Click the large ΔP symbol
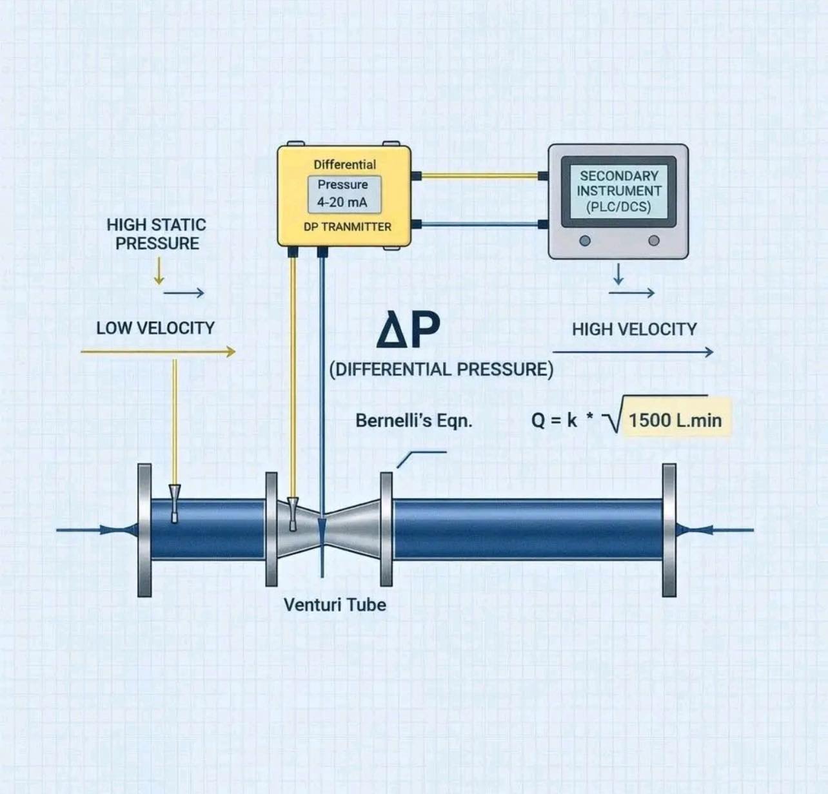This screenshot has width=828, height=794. [408, 329]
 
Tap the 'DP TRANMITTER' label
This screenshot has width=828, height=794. [347, 227]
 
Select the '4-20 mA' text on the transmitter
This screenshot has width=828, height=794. [342, 202]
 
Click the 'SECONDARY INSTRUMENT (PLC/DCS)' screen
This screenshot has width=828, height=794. [618, 191]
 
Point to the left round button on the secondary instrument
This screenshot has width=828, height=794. [585, 240]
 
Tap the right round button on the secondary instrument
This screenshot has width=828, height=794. [653, 240]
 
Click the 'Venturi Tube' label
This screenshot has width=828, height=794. [335, 605]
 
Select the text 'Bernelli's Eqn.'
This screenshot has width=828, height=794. [414, 421]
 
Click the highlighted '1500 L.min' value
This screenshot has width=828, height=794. [675, 421]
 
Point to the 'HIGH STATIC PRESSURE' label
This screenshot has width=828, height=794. [157, 234]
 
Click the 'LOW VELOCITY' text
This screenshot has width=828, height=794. [155, 328]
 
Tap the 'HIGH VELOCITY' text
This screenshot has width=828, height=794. [634, 329]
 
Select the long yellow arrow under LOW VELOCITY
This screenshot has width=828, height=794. [158, 352]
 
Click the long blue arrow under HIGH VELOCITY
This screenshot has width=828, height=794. [633, 352]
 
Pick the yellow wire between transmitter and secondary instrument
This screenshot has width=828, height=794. [480, 175]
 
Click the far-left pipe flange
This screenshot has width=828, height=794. [144, 530]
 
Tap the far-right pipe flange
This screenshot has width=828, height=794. [669, 530]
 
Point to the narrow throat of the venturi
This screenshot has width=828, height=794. [322, 530]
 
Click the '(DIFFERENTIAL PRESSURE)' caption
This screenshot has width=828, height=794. [441, 369]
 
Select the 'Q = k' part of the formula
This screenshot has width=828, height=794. [554, 421]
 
